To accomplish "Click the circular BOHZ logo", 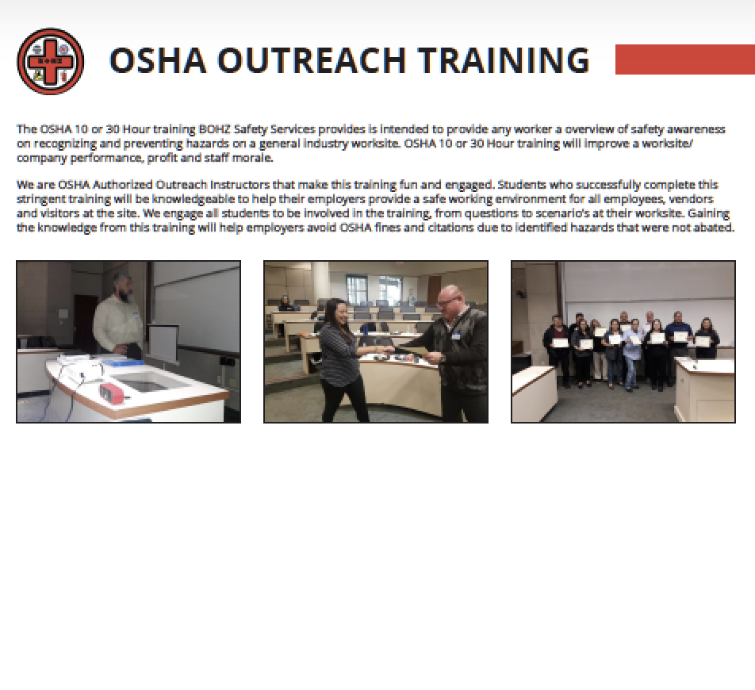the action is pyautogui.click(x=51, y=61).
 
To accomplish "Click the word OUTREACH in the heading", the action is pyautogui.click(x=312, y=60).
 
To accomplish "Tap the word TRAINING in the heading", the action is pyautogui.click(x=504, y=60).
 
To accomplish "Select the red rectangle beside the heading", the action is pyautogui.click(x=684, y=59).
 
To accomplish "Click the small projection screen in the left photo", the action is pyautogui.click(x=163, y=343).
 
